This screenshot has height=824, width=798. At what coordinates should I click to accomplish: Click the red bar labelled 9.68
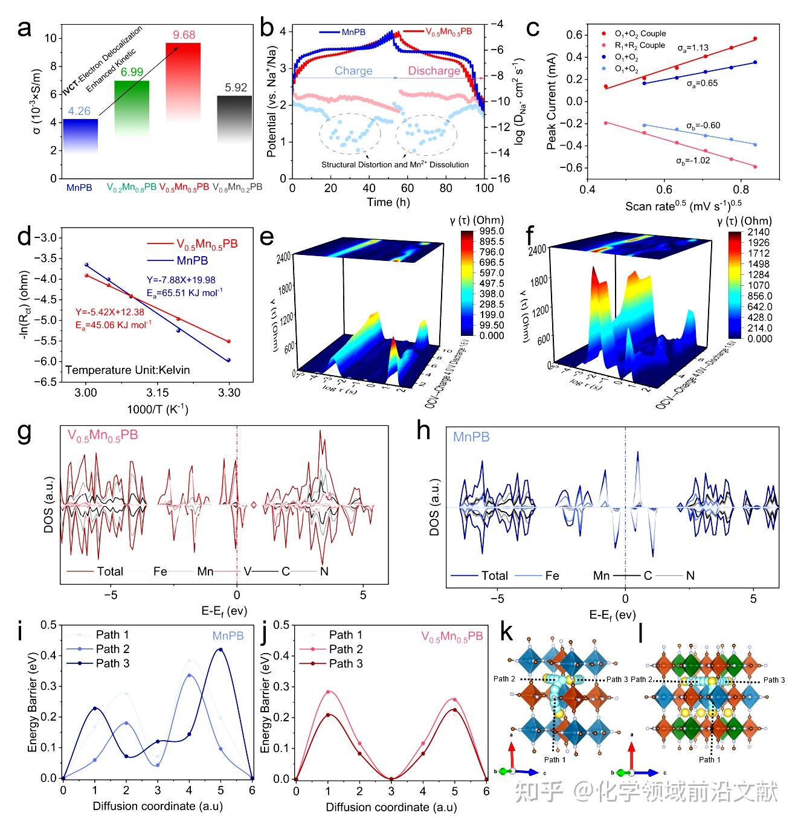tap(183, 79)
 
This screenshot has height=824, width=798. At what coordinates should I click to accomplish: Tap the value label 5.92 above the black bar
tap(236, 88)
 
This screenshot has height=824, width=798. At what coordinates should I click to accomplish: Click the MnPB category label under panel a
tap(79, 188)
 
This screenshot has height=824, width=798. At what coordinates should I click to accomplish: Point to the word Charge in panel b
tap(353, 71)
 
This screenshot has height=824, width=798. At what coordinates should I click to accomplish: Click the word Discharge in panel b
tap(434, 71)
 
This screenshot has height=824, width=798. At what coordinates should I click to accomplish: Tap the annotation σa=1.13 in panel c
tap(693, 48)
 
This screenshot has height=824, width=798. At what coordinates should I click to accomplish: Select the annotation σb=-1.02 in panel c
tap(693, 161)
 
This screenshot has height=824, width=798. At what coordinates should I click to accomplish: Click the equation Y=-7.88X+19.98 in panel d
tap(181, 280)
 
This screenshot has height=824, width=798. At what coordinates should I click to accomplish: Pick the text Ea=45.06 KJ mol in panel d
tap(113, 324)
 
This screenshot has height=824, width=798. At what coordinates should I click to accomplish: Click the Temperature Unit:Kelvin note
tap(127, 370)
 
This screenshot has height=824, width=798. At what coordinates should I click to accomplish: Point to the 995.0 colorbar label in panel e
tap(492, 231)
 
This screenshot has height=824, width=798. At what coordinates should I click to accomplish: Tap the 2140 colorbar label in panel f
tap(759, 232)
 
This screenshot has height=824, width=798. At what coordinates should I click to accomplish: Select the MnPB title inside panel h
tap(471, 437)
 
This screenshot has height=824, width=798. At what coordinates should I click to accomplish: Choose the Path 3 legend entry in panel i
tap(112, 663)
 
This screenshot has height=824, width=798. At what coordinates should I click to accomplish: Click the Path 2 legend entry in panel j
tap(346, 649)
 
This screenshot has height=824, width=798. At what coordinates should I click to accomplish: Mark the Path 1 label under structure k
tap(555, 759)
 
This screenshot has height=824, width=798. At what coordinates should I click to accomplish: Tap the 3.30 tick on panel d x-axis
tap(229, 393)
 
